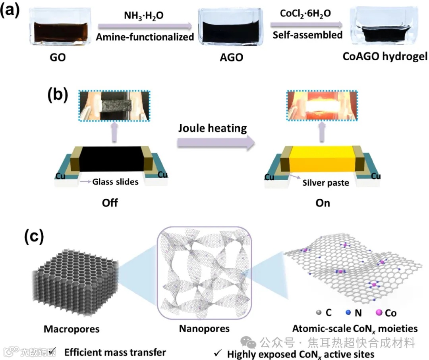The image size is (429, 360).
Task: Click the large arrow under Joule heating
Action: (x=215, y=143)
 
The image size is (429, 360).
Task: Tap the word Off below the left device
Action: (x=110, y=203)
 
